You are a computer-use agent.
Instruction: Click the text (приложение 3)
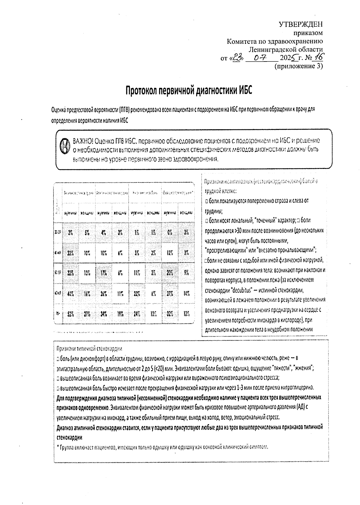point(299,66)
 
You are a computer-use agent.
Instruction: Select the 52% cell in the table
point(70,314)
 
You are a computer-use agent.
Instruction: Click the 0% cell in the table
point(170,232)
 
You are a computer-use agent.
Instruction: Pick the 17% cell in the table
point(103,273)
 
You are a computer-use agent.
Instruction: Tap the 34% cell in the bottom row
point(104,314)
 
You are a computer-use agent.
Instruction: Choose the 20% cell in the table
point(170,273)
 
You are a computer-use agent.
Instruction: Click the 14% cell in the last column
point(186,294)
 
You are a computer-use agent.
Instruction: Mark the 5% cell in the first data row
point(87,232)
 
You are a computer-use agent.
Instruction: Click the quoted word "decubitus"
point(246,290)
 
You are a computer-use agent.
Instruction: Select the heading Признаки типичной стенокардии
point(89,349)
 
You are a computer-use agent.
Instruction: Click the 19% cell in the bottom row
point(120,314)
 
